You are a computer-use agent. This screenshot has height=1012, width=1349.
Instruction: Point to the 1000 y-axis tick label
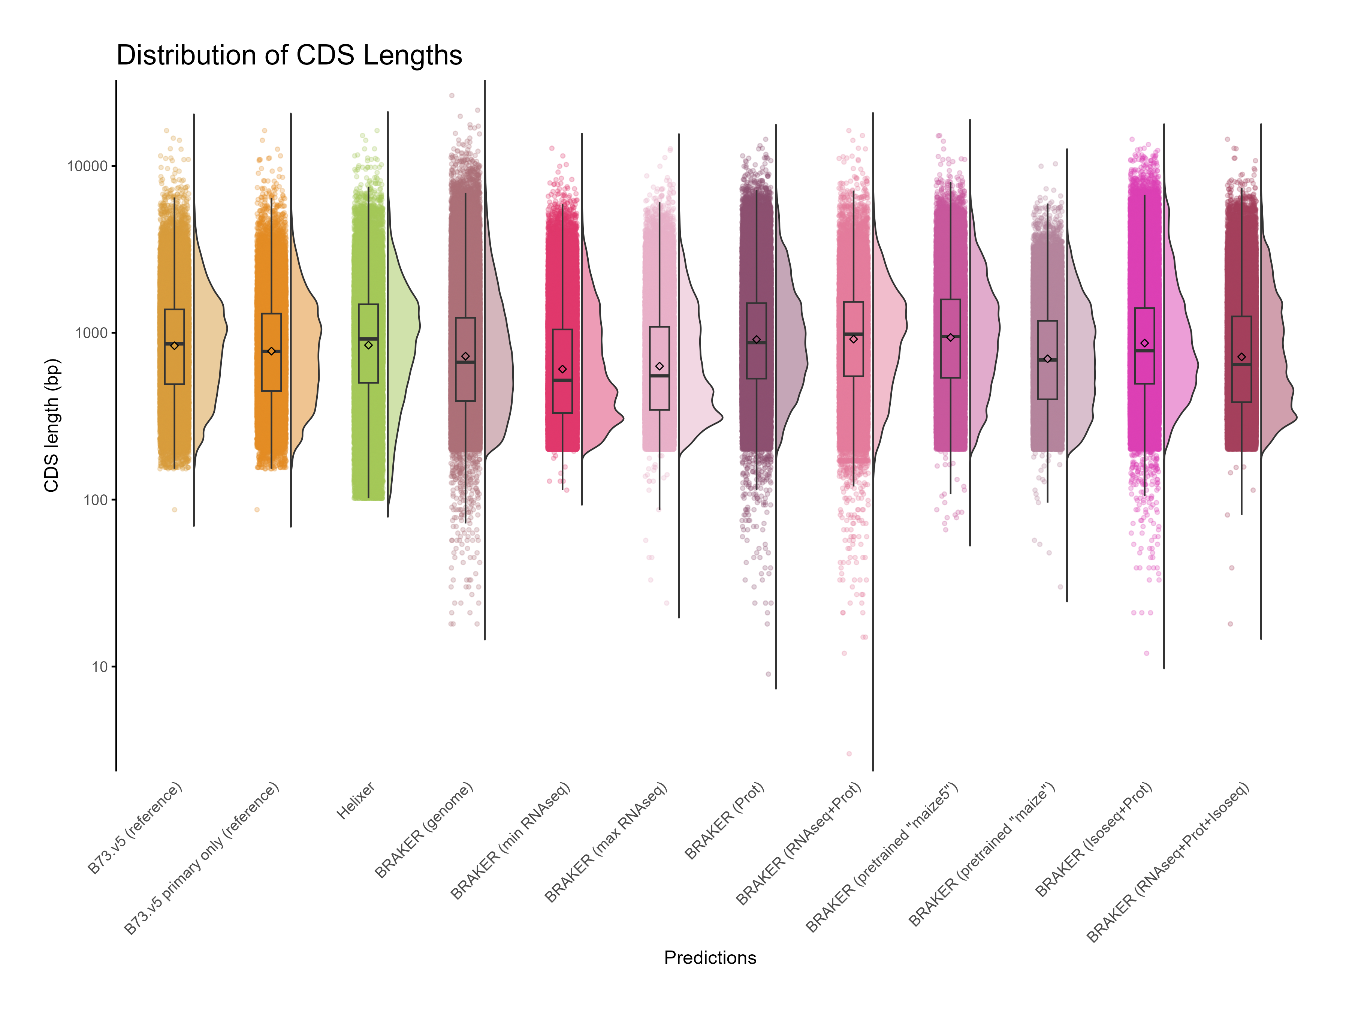click(x=91, y=333)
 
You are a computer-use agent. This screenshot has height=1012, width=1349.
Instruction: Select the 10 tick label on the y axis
click(x=99, y=667)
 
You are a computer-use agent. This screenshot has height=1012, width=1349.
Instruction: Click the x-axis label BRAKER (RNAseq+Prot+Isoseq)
click(x=1168, y=862)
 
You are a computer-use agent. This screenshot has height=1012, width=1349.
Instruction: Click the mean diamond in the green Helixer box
click(x=368, y=345)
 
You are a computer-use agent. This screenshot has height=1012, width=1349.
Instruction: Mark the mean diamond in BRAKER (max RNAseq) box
click(x=659, y=366)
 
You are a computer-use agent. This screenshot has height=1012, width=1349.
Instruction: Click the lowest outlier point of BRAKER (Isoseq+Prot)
click(x=1147, y=653)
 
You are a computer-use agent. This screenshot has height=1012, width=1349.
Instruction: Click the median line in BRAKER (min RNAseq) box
click(x=562, y=380)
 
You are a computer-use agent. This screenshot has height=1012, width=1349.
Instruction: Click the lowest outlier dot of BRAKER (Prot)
click(x=769, y=674)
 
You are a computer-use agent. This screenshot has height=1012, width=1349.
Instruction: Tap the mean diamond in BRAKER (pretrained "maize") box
click(x=1048, y=359)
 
